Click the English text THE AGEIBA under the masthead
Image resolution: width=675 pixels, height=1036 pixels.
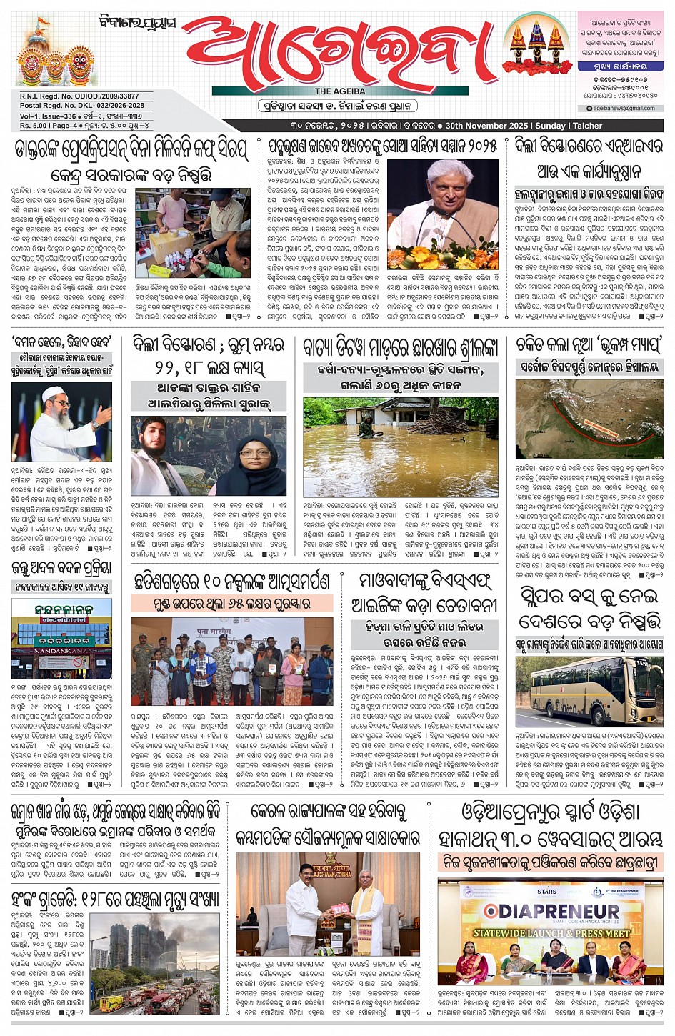[x=340, y=91]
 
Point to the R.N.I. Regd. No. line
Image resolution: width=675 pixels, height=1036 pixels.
[x=80, y=96]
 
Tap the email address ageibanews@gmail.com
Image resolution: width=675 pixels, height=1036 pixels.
[x=624, y=109]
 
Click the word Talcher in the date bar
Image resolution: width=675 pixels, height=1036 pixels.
[x=587, y=126]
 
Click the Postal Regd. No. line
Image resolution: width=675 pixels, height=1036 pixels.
[x=82, y=106]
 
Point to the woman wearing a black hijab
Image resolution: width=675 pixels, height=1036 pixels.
[x=254, y=461]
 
